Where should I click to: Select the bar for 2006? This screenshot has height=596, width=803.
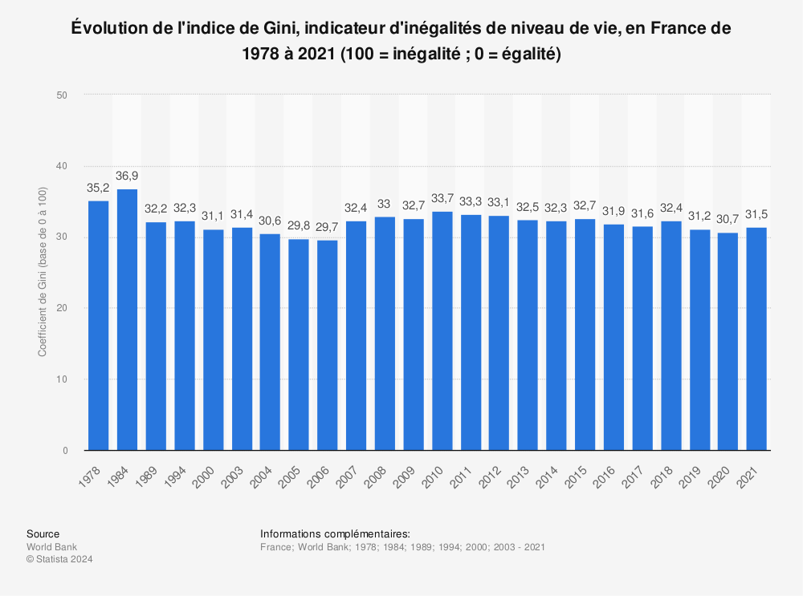click(328, 345)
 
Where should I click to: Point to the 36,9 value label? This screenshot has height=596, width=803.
click(127, 176)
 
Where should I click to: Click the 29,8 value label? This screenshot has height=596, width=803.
click(299, 225)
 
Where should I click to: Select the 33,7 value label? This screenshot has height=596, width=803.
click(442, 198)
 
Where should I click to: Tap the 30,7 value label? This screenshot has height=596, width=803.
click(728, 219)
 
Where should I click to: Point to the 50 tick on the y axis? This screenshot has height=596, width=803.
click(61, 95)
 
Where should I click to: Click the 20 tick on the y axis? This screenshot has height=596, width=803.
click(61, 308)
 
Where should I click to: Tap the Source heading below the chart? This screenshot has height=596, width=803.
click(43, 534)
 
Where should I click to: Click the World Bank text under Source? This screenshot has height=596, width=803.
click(51, 547)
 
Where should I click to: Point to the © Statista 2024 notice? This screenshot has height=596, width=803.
click(59, 560)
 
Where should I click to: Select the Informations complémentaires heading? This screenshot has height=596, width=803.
click(335, 534)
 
